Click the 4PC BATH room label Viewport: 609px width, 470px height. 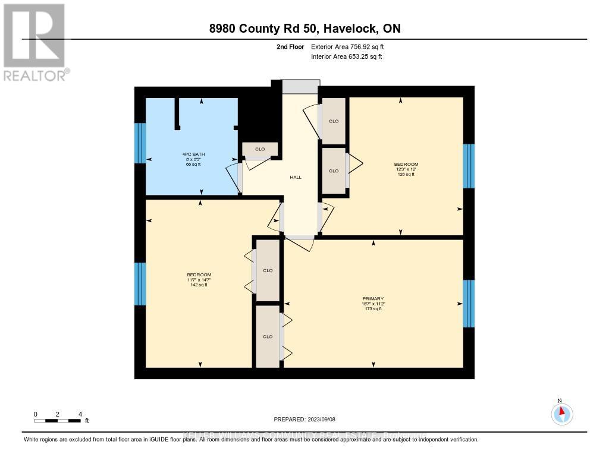pos(192,154)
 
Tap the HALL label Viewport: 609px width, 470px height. pos(296,177)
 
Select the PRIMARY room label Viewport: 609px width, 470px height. pos(373,298)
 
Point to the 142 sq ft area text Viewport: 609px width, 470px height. pos(199,285)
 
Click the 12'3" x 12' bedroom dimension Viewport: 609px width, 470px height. pos(406,169)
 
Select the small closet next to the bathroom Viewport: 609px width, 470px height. pos(260,149)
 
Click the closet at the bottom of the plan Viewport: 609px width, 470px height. pos(268,336)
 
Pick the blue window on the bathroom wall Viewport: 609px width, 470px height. pos(140,143)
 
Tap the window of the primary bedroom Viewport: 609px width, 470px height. pos(469,303)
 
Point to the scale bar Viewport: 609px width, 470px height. pos(58,421)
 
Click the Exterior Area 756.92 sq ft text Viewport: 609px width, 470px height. pos(351,46)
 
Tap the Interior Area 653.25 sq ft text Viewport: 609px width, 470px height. pos(347,56)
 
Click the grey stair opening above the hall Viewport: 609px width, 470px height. pos(300,86)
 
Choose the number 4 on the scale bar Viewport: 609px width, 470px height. pos(80,414)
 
